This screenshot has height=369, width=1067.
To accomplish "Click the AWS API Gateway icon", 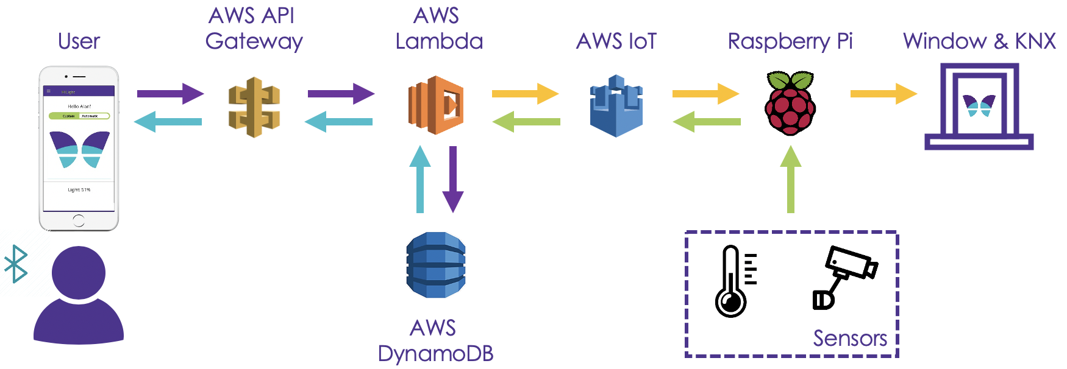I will point(254,107).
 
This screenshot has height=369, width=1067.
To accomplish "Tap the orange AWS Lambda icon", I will point(435,105).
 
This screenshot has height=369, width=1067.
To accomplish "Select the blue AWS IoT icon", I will point(616,106).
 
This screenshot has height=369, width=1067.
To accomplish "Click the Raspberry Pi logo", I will point(790,103).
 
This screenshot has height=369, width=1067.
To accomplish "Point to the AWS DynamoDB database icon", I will point(436,265).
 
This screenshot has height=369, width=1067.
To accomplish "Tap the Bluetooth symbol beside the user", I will point(16,264).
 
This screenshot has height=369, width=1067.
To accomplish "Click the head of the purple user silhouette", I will point(79,272).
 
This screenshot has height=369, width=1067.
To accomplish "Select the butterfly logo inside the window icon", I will point(979,105).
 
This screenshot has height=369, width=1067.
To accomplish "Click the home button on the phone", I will point(79,220).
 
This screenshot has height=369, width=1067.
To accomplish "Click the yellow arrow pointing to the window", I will point(883,94).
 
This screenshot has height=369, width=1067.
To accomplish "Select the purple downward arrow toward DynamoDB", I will point(453,179).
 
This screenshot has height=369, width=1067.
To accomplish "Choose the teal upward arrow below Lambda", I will point(419,179).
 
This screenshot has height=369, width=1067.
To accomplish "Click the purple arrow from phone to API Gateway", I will point(170,94).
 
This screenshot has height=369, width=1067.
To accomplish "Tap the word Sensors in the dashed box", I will point(850,338).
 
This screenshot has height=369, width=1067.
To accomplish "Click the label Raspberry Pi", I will point(790,41).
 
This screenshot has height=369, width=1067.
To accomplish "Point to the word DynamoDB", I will point(435,353).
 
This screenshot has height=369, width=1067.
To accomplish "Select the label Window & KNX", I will point(979,41).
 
